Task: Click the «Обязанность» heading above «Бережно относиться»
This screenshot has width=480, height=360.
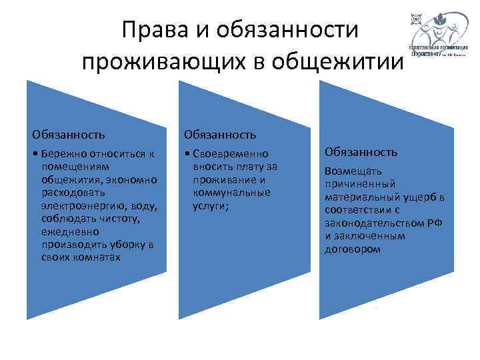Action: (64, 135)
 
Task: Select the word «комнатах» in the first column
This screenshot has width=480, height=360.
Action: (98, 257)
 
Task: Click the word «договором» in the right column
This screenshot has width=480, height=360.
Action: (353, 249)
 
